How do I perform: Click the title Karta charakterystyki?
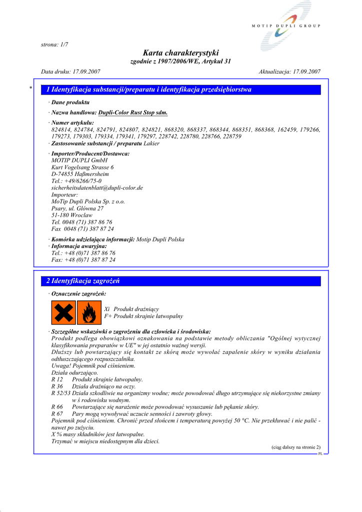pyautogui.click(x=180, y=52)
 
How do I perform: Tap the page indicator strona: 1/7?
pyautogui.click(x=54, y=44)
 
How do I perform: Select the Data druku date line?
pyautogui.click(x=70, y=71)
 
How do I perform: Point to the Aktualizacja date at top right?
pyautogui.click(x=289, y=71)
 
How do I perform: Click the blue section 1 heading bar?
pyautogui.click(x=180, y=90)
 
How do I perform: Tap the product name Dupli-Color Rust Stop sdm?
pyautogui.click(x=133, y=113)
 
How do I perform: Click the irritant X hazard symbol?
pyautogui.click(x=63, y=312)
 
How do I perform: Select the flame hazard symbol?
pyautogui.click(x=89, y=312)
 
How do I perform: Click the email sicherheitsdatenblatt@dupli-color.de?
pyautogui.click(x=97, y=188)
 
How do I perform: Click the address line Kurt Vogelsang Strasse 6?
pyautogui.click(x=82, y=167)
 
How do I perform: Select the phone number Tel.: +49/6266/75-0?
pyautogui.click(x=76, y=181)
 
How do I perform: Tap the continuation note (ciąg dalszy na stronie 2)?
pyautogui.click(x=296, y=447)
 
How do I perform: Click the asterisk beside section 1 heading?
pyautogui.click(x=31, y=89)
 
